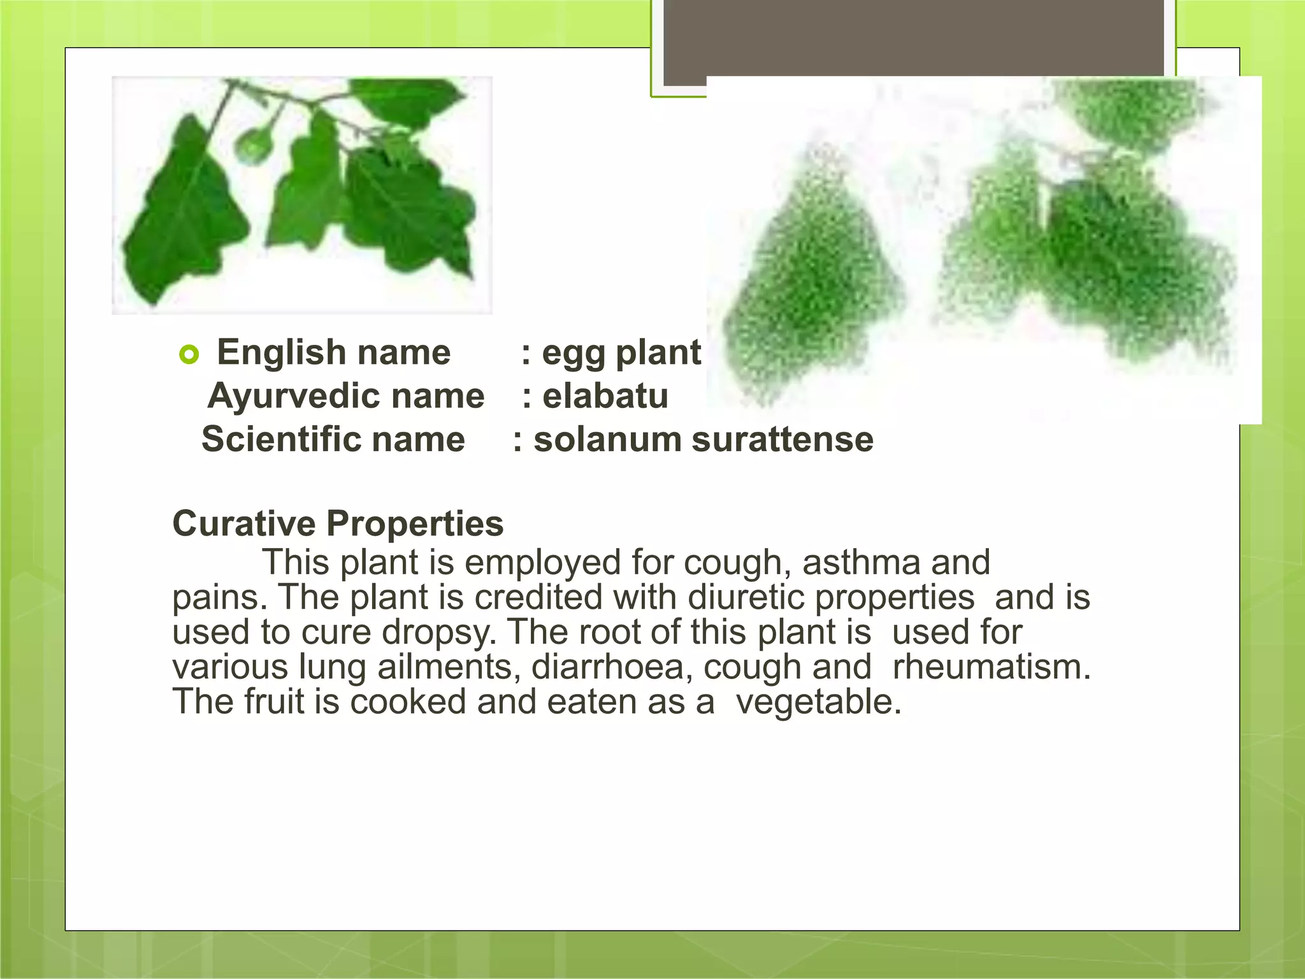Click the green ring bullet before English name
(190, 354)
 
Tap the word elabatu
(605, 396)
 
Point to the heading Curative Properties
(338, 524)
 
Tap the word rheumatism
(991, 667)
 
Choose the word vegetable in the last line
(818, 702)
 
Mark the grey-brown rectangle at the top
(914, 38)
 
